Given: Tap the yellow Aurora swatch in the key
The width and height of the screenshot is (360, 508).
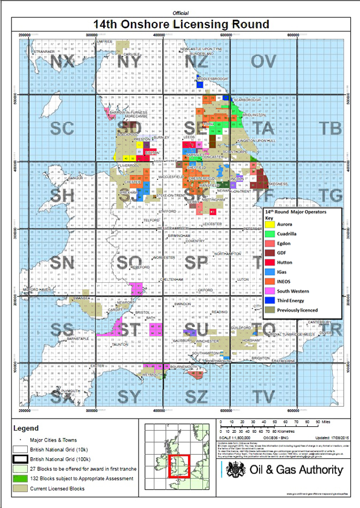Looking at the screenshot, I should point(269,223).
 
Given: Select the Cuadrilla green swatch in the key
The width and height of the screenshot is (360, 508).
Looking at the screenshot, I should point(269,233).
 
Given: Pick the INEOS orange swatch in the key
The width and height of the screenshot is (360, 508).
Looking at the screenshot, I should point(269,281).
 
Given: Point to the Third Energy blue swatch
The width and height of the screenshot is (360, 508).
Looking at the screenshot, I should point(269,300).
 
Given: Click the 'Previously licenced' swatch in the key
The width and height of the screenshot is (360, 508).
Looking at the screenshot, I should point(269,310).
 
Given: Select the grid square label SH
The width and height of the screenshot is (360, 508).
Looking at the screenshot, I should point(62,194).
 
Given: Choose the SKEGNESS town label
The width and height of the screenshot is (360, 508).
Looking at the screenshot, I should point(277,184).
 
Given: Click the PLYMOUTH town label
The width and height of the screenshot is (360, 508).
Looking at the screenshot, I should point(71,391).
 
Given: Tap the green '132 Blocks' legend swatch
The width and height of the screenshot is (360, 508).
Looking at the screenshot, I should point(20,479).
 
